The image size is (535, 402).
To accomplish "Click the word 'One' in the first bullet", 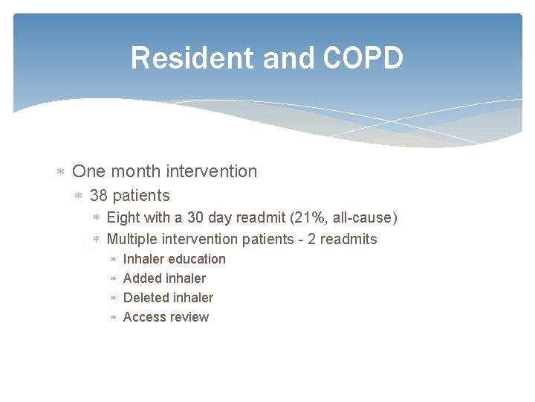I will tap(89, 171).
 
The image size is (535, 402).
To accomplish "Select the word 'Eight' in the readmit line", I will tap(123, 218).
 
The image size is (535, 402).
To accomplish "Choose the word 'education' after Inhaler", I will tap(197, 259).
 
